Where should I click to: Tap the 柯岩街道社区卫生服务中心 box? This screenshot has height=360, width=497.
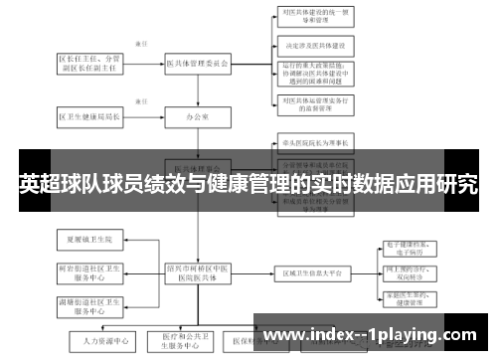point(90,271)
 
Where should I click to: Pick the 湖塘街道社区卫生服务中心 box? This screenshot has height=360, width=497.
point(90,302)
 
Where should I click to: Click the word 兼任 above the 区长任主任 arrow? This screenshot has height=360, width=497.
point(140,44)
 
